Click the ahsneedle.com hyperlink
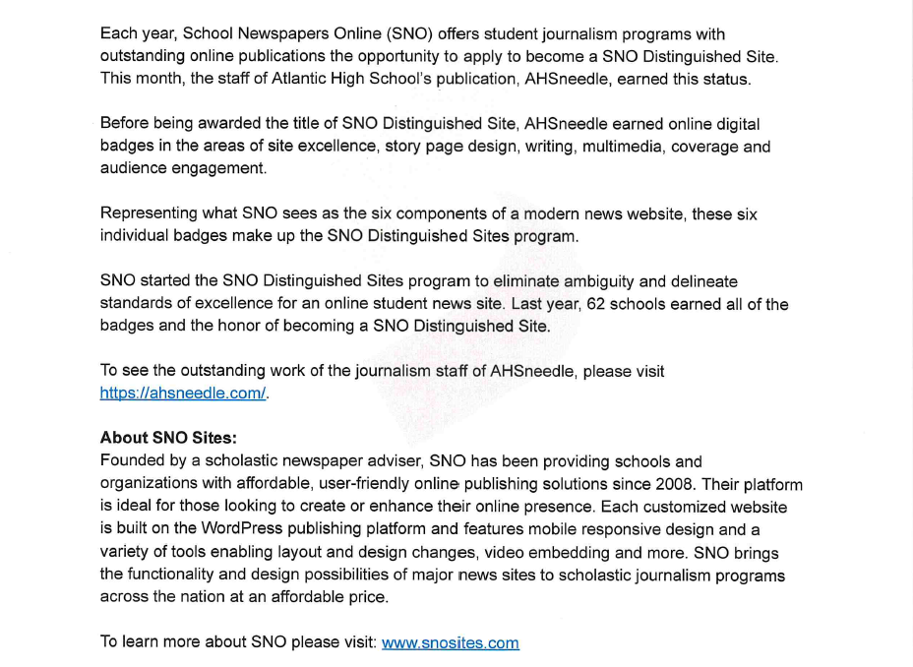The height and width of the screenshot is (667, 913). [x=184, y=393]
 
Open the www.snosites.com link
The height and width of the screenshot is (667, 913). [x=450, y=643]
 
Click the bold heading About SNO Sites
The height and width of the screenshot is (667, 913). [x=168, y=439]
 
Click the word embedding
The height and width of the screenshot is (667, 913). [x=650, y=553]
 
